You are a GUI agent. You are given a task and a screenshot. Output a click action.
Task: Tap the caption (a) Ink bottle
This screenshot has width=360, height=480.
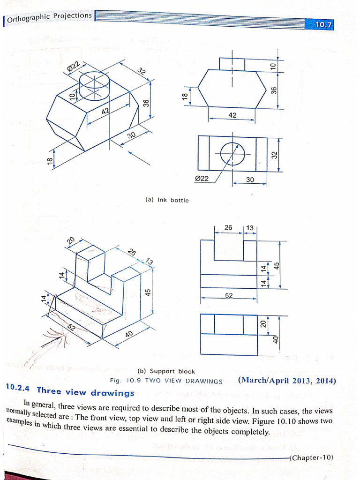tap(167, 200)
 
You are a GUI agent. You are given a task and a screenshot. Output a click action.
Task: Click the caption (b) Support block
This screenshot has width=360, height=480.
tap(166, 371)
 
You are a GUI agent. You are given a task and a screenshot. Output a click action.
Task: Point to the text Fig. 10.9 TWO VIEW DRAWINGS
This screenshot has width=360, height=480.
tap(166, 381)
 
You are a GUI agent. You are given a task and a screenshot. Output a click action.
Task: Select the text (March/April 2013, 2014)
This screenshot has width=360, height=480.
tap(287, 380)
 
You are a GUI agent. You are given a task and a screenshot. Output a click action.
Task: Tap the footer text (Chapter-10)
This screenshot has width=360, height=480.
tap(312, 457)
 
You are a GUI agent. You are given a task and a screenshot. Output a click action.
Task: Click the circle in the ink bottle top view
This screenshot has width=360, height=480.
tap(233, 154)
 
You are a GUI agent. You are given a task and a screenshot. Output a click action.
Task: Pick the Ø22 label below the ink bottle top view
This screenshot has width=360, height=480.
tap(202, 179)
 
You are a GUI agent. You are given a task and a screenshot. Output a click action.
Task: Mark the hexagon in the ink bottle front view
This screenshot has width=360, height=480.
tap(232, 89)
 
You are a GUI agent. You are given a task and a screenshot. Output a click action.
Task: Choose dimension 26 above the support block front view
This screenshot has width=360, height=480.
tap(228, 228)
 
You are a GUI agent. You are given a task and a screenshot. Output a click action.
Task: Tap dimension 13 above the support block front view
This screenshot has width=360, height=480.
tap(250, 228)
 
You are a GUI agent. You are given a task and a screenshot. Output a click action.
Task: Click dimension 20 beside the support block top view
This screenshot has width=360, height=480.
tap(263, 323)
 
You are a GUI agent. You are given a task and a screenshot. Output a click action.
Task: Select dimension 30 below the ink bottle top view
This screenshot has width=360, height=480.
tap(250, 180)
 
